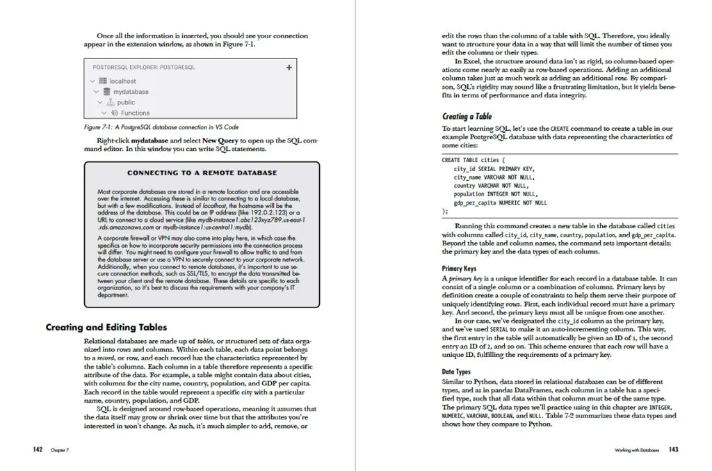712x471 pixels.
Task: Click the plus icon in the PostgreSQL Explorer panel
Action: (289, 67)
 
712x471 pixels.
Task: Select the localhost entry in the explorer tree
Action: (122, 81)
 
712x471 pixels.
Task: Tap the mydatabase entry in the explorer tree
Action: (130, 92)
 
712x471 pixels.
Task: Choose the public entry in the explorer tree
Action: (126, 102)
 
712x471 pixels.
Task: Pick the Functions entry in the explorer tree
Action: (135, 113)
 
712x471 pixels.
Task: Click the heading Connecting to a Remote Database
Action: (202, 173)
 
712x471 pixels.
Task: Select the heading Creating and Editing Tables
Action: (106, 327)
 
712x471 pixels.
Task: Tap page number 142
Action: (38, 449)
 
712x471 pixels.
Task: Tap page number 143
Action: (673, 449)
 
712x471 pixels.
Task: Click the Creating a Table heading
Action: (467, 116)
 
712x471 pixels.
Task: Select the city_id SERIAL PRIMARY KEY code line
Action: (494, 168)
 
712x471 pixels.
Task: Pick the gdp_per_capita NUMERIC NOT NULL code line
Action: (500, 203)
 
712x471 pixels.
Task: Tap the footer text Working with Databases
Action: (637, 450)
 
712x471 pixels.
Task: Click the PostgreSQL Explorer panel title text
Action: (144, 67)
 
